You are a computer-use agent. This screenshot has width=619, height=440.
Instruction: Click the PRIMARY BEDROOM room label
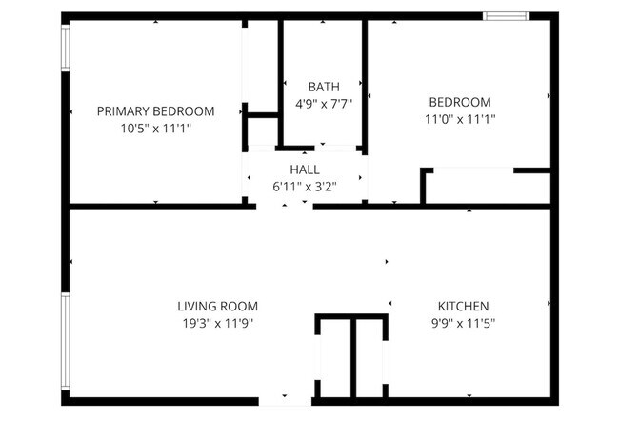pos(155,110)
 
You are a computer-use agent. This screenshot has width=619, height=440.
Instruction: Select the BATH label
pos(323,87)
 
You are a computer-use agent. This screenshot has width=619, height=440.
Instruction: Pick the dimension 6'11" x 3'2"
pos(305,186)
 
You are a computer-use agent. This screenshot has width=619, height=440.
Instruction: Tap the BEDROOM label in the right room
pos(459,102)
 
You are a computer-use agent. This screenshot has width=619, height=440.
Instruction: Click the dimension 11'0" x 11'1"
pos(459,119)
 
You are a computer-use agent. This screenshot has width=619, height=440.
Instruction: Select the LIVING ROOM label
pos(217,306)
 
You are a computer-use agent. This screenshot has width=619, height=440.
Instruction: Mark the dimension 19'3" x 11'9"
pos(217,323)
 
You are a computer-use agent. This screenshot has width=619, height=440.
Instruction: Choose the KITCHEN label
pos(463,306)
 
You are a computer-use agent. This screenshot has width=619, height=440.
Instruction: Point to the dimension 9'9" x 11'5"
pos(463,323)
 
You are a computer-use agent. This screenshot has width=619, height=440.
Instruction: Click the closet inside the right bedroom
pos(486,188)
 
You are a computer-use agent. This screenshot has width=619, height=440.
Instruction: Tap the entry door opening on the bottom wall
pos(286,401)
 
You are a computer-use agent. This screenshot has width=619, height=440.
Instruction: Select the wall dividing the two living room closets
pos(351,359)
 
